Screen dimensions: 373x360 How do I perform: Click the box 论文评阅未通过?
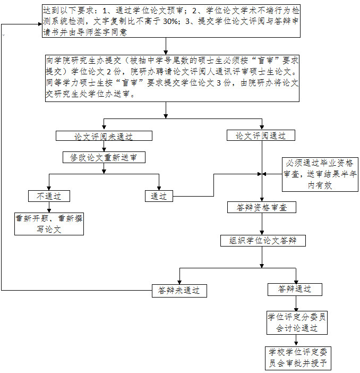104,136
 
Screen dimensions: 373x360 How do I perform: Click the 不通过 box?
49,196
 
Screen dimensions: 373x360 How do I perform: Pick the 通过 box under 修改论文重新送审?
159,196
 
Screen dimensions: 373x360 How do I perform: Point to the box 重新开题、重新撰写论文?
49,224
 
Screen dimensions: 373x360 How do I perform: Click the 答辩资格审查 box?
261,208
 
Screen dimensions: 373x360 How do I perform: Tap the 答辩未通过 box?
179,291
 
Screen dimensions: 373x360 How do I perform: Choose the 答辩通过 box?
295,289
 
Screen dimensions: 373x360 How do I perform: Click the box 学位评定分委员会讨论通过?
296,323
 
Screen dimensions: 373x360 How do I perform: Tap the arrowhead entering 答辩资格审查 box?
261,199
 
